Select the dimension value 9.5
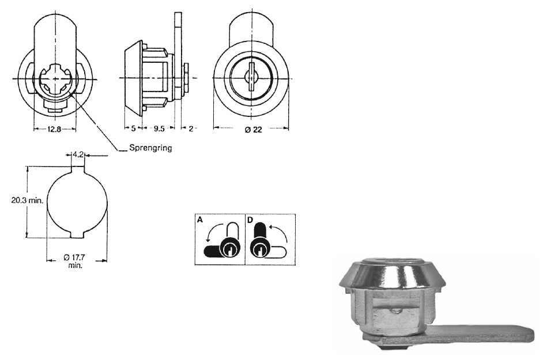pos(159,130)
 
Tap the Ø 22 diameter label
pos(252,130)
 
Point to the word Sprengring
pos(150,148)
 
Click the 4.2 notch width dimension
pos(79,154)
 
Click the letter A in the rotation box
pos(201,219)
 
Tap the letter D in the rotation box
pos(250,219)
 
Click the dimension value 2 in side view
pos(190,130)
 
